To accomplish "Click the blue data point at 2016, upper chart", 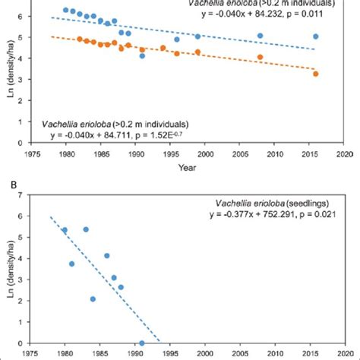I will pyautogui.click(x=316, y=36).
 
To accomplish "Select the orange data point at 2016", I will pyautogui.click(x=316, y=74).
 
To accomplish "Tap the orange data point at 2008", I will pyautogui.click(x=260, y=57).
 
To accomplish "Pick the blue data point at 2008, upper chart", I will pyautogui.click(x=260, y=36).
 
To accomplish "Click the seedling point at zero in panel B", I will pyautogui.click(x=142, y=343).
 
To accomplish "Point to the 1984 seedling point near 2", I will pyautogui.click(x=93, y=298).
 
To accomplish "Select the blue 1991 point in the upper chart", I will pyautogui.click(x=142, y=55).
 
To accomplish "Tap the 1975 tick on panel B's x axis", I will pyautogui.click(x=30, y=353).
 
